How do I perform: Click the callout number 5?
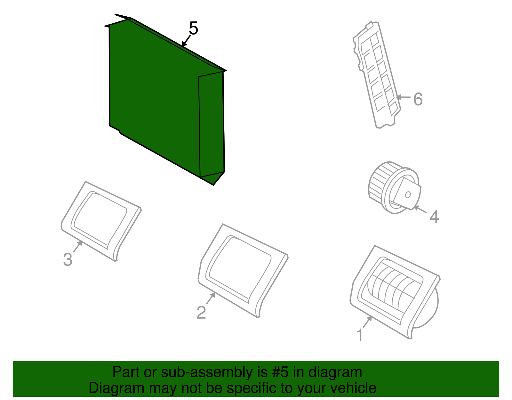pos(193,29)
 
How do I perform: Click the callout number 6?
pos(418,99)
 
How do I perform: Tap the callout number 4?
pos(434,217)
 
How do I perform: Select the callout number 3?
pos(68,259)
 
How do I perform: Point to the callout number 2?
pos(201,313)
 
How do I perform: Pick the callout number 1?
pos(360,335)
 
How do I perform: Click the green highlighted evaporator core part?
pos(154,96)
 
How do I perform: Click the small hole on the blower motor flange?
pos(408,194)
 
